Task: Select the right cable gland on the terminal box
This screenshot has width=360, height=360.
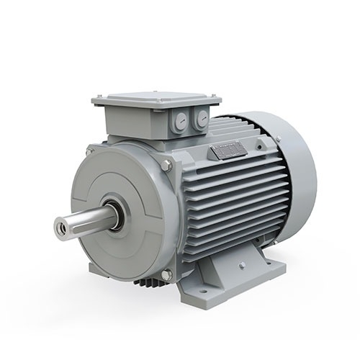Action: coord(199,120)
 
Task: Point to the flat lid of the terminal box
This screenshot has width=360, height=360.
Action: coord(155,98)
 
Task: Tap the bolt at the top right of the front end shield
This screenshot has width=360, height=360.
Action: coord(166,166)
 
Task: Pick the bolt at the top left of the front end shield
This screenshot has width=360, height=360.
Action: coord(90,151)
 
